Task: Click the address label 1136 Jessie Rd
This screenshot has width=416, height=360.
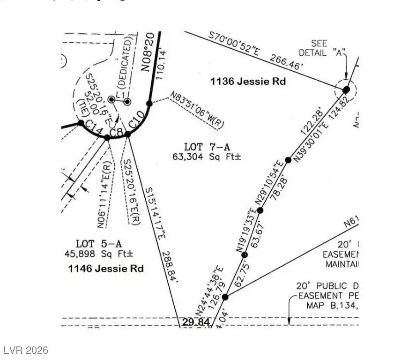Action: coord(248,82)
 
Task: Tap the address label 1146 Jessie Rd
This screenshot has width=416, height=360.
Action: coord(106,269)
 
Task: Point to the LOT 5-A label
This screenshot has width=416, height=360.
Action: coord(99,243)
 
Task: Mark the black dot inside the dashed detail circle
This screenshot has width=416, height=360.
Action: coord(346,89)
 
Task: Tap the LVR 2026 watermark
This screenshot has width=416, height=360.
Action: coord(25,350)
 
